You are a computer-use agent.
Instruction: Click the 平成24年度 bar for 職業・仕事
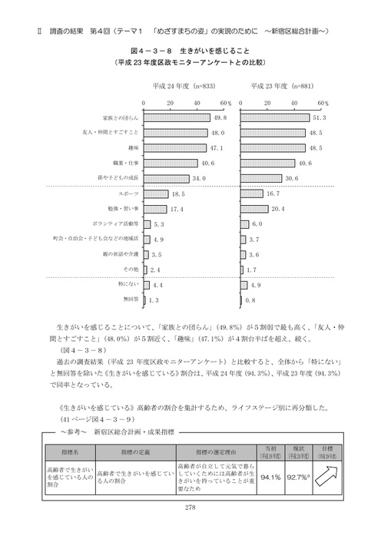pos(171,163)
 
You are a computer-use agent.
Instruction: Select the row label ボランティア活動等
pos(118,223)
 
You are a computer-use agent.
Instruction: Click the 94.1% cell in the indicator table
pos(270,476)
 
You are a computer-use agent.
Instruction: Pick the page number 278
pos(190,507)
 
